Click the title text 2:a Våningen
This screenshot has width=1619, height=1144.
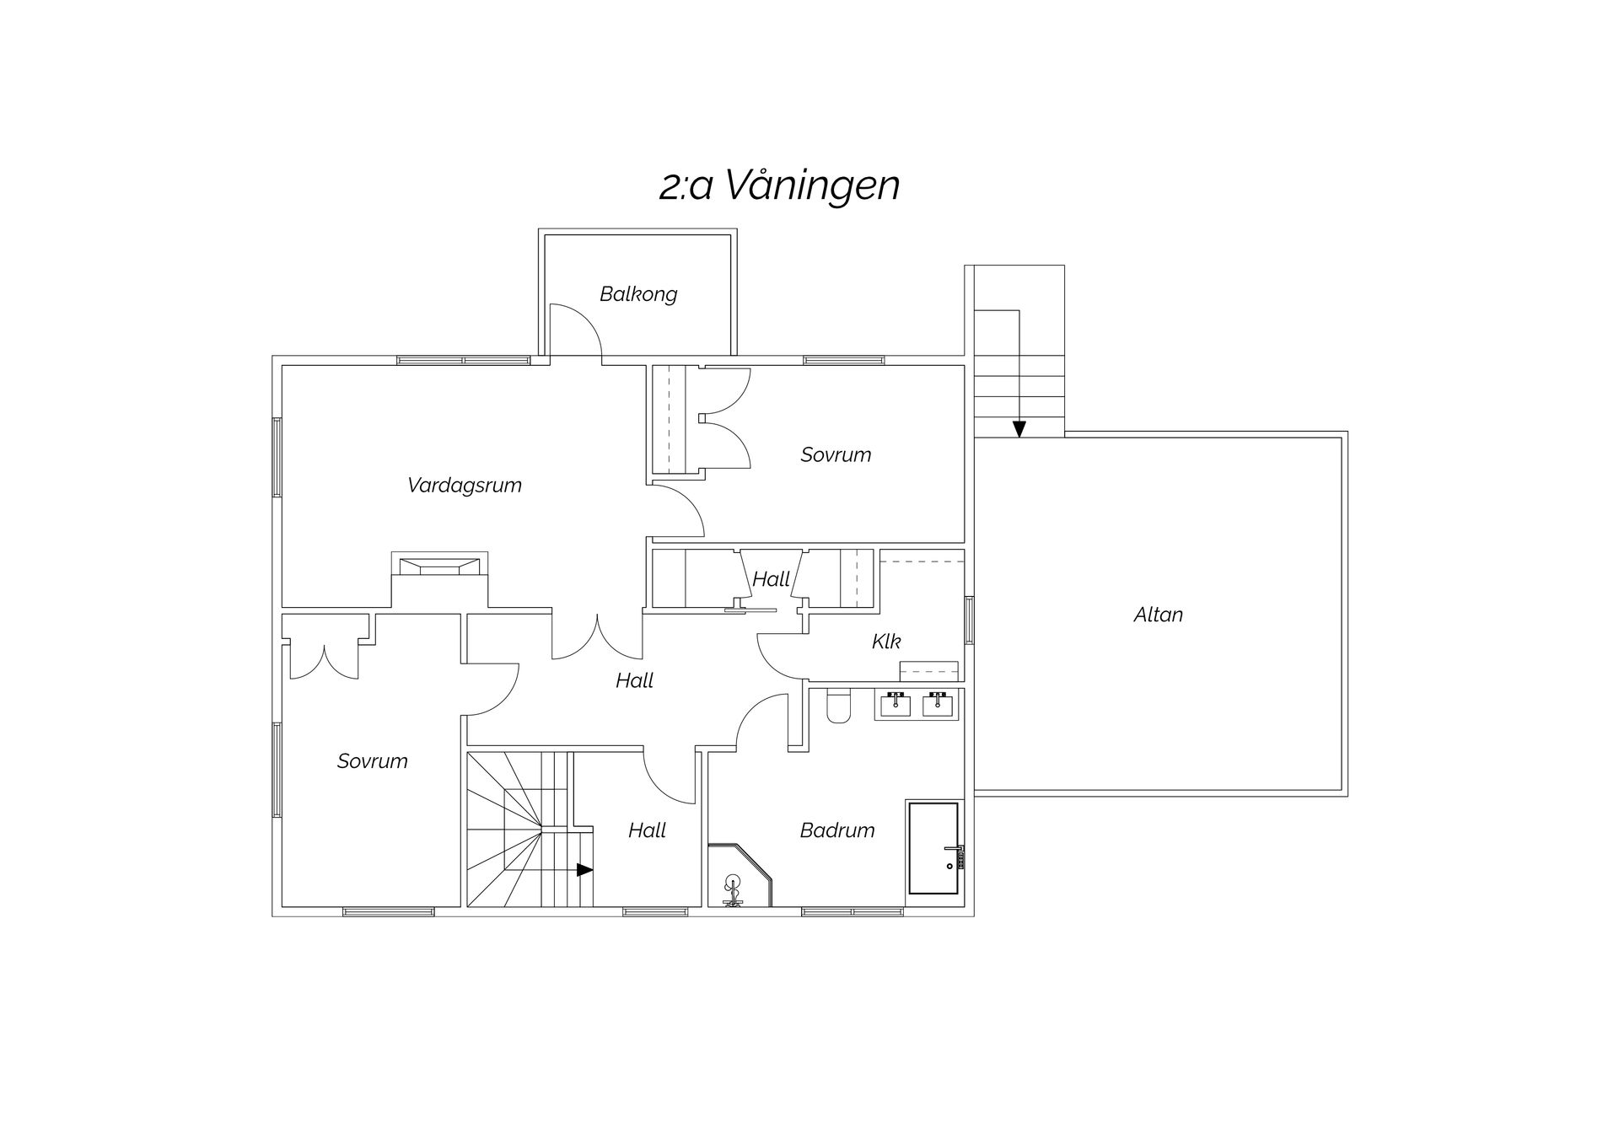(x=779, y=185)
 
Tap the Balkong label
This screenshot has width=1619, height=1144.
(x=638, y=294)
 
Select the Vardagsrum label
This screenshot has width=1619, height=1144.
(x=465, y=486)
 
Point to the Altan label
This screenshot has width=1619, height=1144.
(x=1158, y=615)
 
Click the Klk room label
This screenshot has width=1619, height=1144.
(x=886, y=642)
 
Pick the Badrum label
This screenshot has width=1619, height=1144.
(x=837, y=830)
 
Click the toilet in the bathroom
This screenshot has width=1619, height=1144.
(x=838, y=706)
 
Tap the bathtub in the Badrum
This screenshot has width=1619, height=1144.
(x=933, y=849)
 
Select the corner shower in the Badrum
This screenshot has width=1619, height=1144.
(x=740, y=877)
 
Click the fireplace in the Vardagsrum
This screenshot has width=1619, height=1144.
(x=439, y=565)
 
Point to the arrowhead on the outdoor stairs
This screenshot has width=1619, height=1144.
(x=1019, y=428)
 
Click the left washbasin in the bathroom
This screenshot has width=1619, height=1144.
(x=895, y=704)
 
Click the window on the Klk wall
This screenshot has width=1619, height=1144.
(x=969, y=620)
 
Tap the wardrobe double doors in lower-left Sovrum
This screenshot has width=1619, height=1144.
(x=325, y=660)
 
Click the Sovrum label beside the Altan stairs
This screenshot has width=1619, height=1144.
(x=836, y=455)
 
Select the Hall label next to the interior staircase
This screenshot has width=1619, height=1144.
(x=648, y=830)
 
